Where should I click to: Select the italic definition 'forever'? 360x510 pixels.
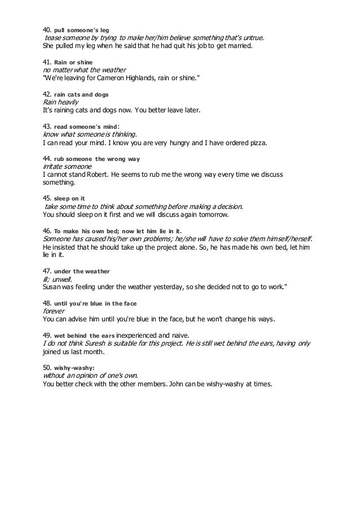point(54,311)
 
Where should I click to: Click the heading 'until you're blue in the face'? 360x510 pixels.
point(95,303)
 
